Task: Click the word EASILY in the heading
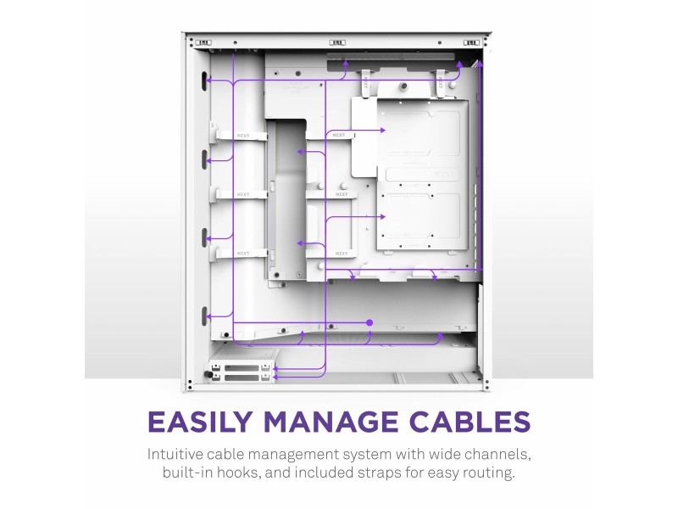200,421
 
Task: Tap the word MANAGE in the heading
331,421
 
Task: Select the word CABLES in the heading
470,421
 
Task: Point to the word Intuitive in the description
175,455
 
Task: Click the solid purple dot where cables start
370,322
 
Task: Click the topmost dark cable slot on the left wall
203,81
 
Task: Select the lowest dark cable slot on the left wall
203,316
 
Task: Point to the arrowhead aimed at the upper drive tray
382,130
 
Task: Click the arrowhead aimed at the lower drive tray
382,216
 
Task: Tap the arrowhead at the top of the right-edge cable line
480,64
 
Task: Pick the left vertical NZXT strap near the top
366,83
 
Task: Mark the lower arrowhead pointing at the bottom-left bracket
275,378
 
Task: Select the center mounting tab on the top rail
337,42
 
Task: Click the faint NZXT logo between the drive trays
445,175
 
